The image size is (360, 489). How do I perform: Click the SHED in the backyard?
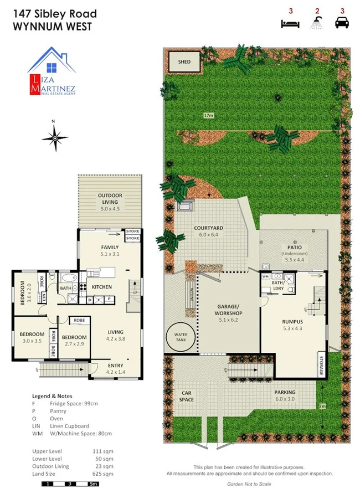coord(184,62)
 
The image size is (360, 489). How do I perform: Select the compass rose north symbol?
coord(54,136)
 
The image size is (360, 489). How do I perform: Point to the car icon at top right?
coord(342,23)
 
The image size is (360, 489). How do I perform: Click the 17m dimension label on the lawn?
coord(208,115)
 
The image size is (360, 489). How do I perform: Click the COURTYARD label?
coord(208,231)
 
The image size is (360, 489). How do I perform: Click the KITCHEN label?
coord(101,287)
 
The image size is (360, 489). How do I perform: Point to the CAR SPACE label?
coord(186,397)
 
